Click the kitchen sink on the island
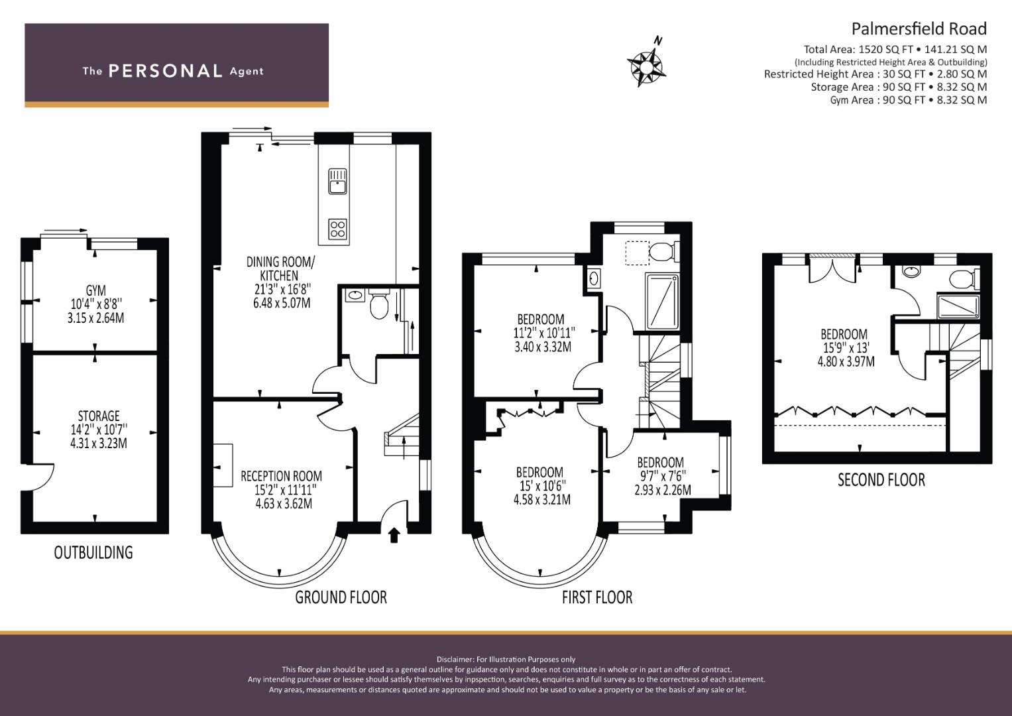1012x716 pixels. tap(338, 181)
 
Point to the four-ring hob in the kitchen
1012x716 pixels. tap(338, 229)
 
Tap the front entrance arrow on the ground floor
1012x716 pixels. tap(394, 534)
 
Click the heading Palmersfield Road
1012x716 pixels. tap(919, 29)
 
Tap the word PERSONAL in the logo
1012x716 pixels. tap(165, 71)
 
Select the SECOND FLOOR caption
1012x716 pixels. tap(881, 479)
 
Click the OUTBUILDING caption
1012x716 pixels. tap(93, 552)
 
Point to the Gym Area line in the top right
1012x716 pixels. tap(908, 100)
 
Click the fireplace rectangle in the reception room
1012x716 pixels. tap(223, 465)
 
